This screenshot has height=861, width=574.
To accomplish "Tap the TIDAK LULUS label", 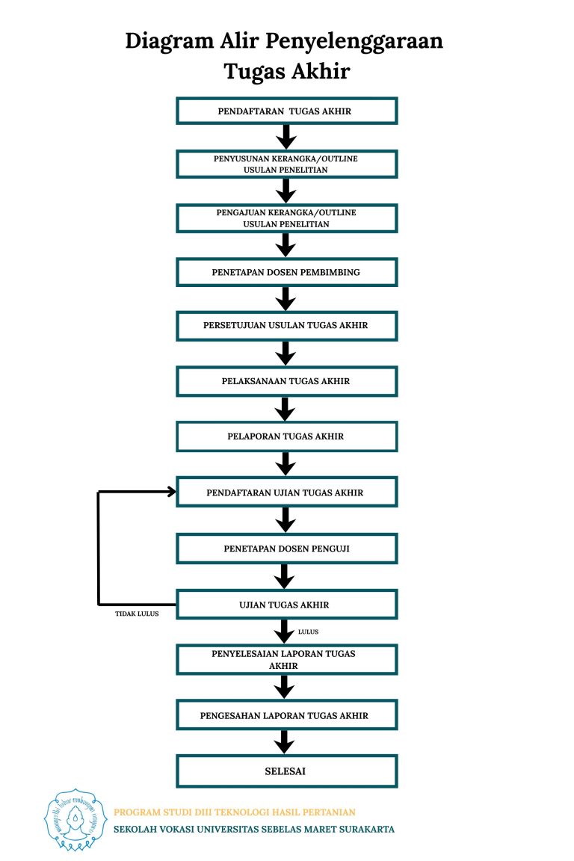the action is pos(137,614).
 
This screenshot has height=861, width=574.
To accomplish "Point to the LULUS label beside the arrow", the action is pos(308,632).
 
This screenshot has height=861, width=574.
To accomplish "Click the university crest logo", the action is pos(75,820).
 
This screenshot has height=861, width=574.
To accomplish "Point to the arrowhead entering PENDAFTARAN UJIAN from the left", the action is pos(171,492).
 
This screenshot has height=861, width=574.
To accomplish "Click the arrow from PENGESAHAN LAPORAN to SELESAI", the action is pos(284,742).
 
